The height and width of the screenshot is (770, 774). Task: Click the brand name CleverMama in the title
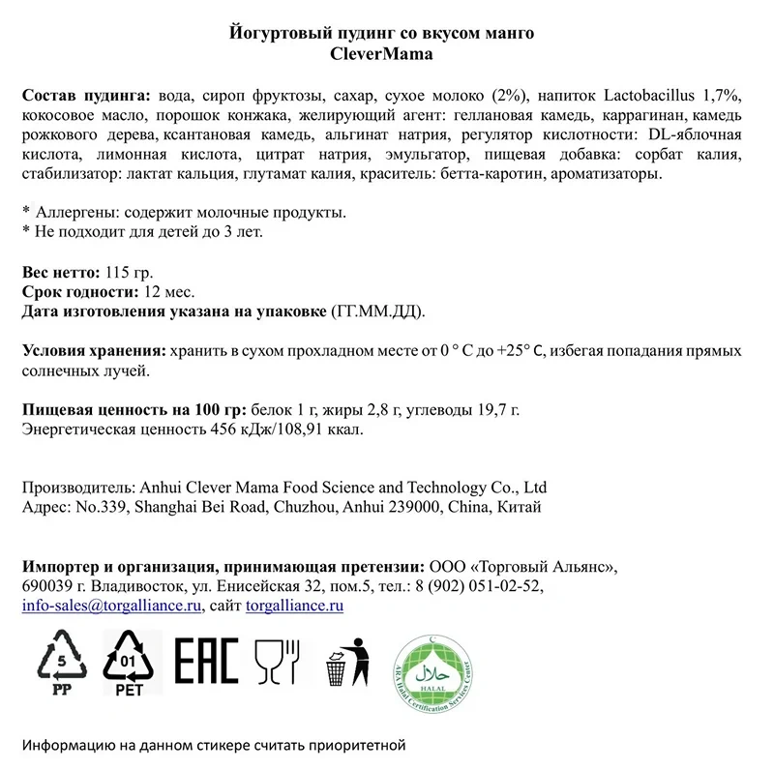point(382,53)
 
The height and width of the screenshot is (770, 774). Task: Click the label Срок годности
point(73,291)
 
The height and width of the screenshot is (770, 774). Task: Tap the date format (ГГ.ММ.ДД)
point(376,311)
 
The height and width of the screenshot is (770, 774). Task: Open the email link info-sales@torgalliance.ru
point(111,606)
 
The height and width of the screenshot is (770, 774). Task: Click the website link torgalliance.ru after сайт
point(295,606)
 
